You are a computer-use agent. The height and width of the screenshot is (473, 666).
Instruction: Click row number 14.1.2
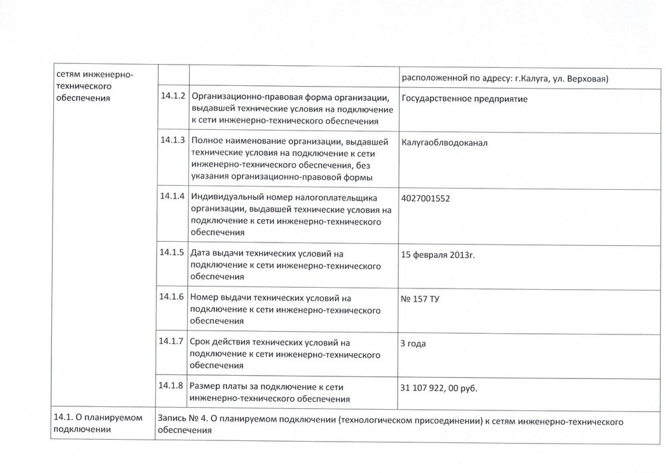coord(173,96)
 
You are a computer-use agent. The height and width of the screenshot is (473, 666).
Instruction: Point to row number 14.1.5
coord(173,253)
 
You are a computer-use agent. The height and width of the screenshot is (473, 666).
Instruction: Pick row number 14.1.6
coord(173,296)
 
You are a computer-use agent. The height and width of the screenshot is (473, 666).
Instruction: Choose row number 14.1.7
coord(173,341)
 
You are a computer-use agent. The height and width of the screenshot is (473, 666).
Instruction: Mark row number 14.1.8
coord(173,385)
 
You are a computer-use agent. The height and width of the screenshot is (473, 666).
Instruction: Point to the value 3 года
coord(413,343)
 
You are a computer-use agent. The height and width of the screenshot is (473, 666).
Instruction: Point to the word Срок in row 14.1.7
coord(201,342)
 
